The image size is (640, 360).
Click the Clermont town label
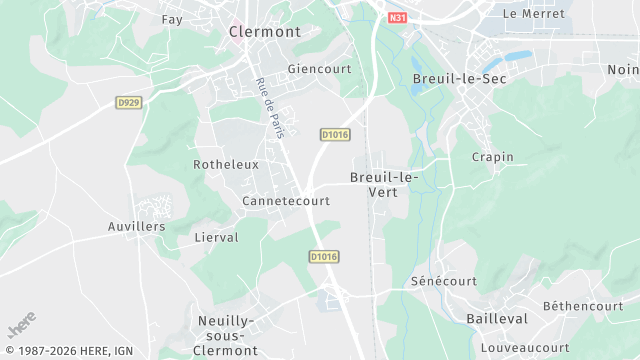264,32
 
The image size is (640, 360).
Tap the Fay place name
172,20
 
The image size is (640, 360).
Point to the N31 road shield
398,18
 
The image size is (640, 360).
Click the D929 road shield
127,102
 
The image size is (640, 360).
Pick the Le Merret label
533,14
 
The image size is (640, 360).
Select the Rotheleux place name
226,164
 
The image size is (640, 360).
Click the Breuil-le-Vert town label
384,184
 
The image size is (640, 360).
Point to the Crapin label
492,157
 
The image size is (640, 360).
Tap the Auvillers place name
137,227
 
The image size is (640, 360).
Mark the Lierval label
217,237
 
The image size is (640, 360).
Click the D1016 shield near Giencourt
335,134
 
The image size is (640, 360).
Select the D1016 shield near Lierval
323,257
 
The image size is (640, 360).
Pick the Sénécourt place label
444,282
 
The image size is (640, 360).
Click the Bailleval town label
497,317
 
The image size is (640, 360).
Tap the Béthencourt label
583,306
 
